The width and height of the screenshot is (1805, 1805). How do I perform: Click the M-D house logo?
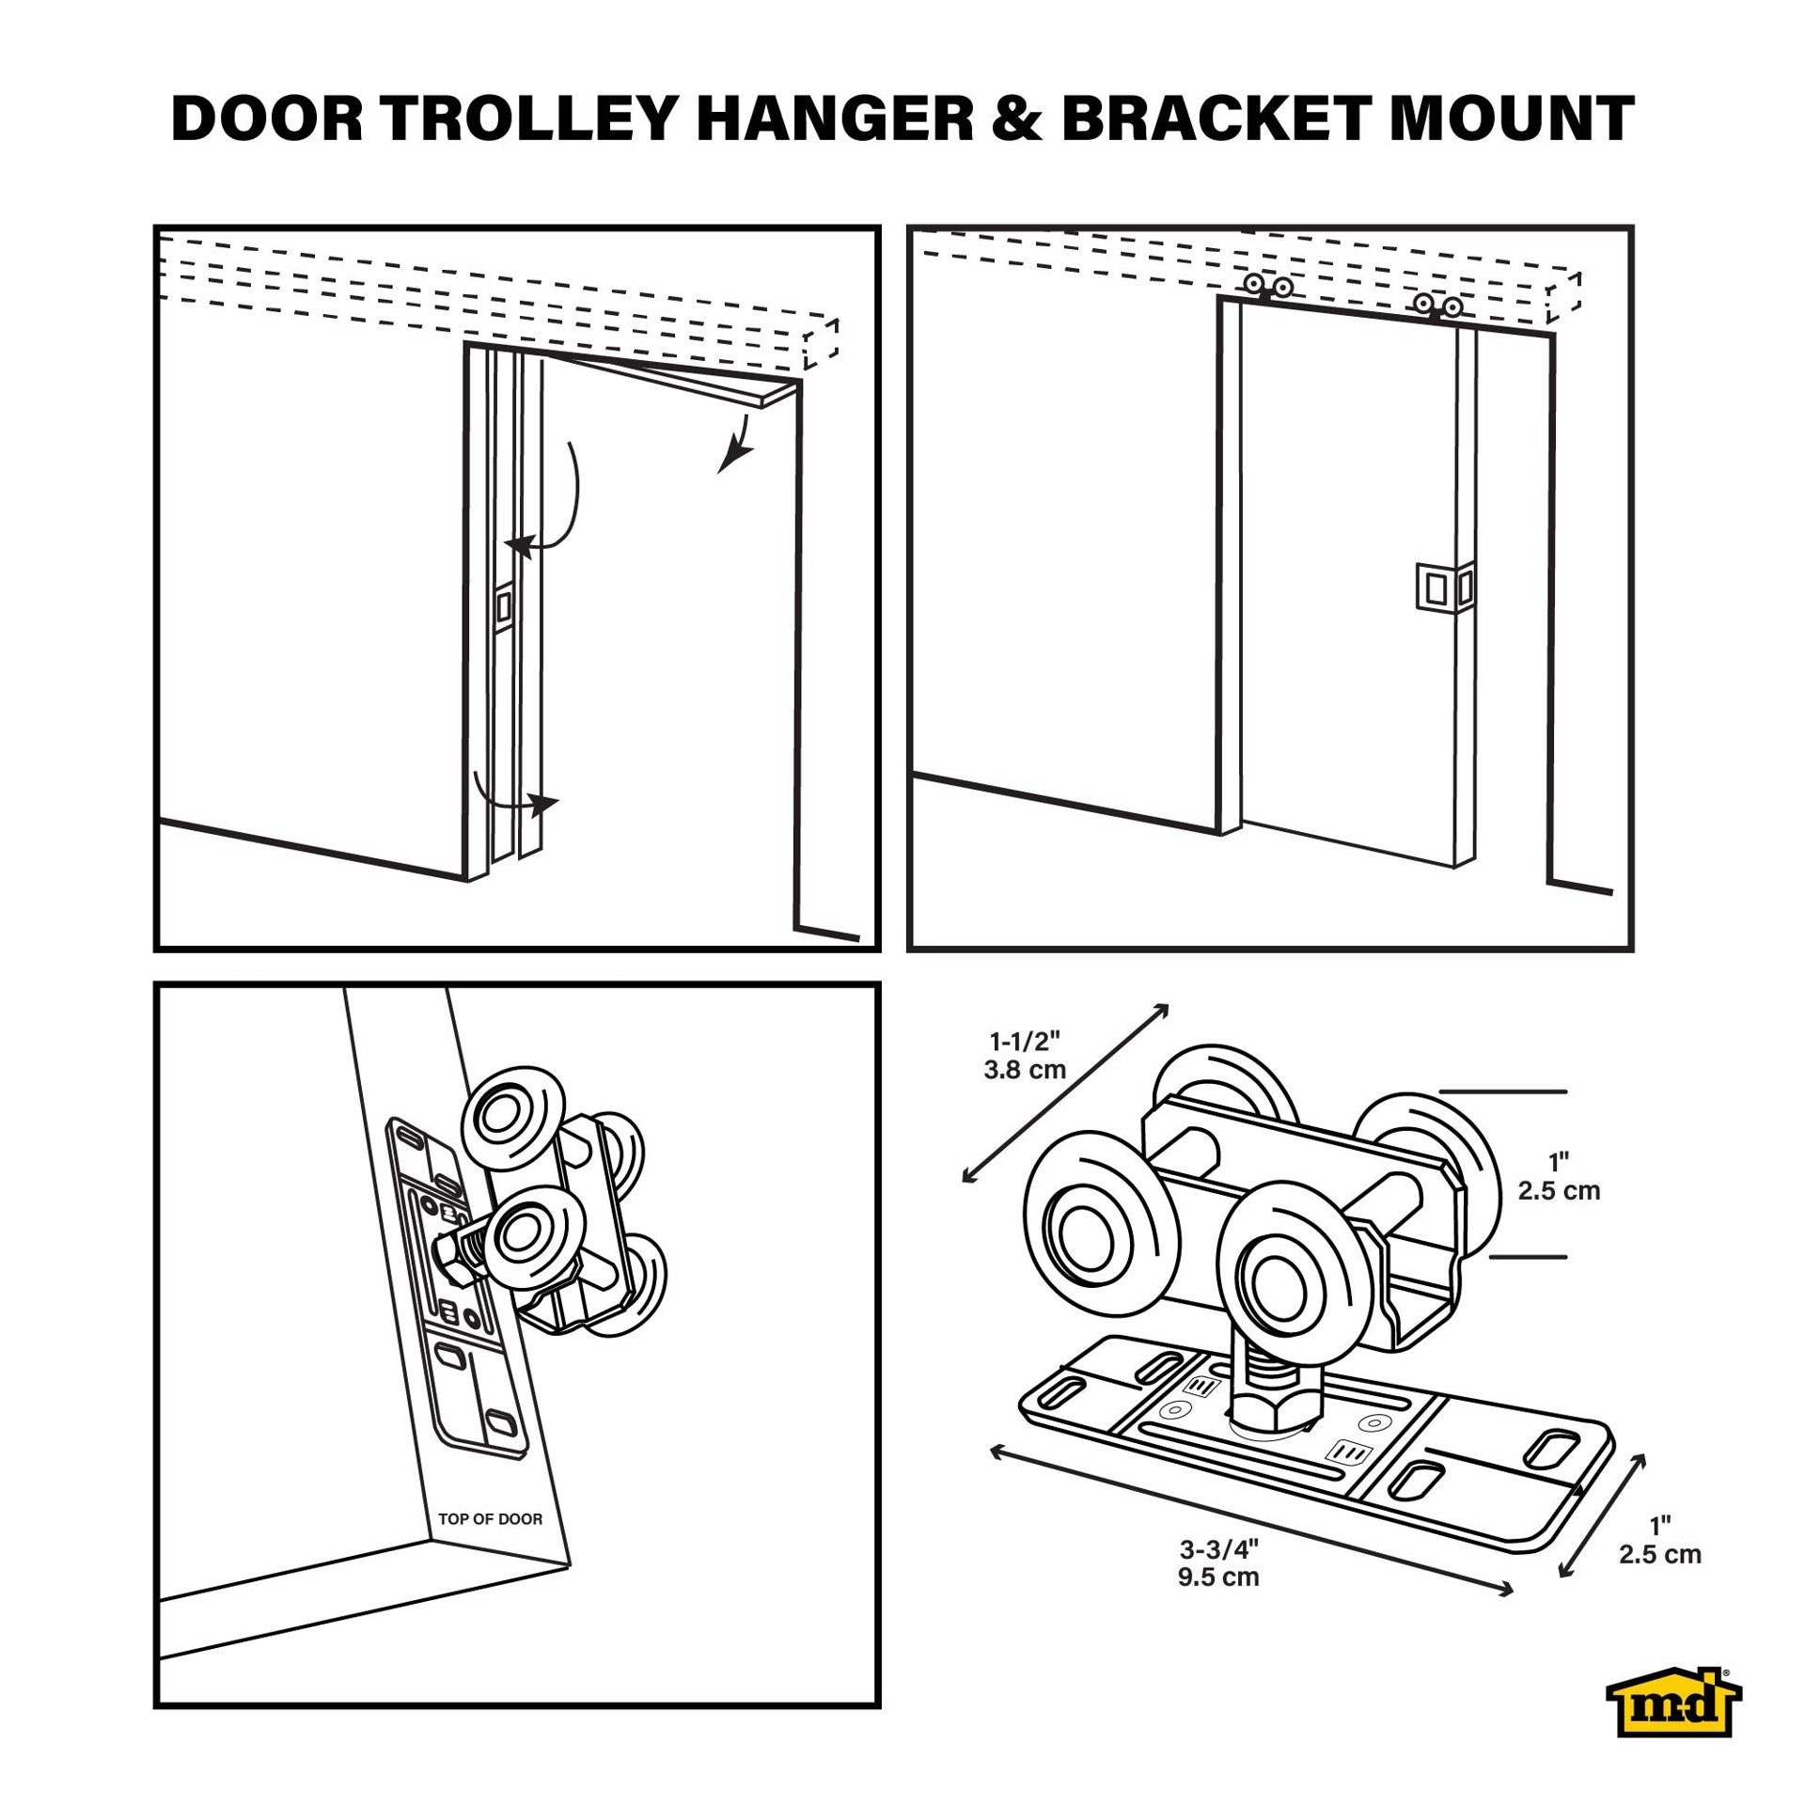[1672, 1716]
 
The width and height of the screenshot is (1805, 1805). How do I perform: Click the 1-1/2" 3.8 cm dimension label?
[1025, 1055]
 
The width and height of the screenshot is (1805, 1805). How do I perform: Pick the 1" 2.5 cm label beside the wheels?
[1559, 1176]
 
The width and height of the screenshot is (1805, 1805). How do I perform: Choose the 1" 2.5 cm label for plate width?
[1660, 1540]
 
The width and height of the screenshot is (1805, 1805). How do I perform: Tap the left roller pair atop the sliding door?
[1269, 286]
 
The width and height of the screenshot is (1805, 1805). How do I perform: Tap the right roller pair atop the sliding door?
[1438, 306]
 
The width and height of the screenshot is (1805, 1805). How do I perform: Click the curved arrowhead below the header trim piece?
[734, 459]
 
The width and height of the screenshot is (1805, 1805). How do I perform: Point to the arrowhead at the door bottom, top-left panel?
[544, 805]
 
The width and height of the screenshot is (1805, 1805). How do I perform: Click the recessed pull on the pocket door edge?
[503, 606]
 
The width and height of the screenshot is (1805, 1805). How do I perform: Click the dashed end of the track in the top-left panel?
[820, 344]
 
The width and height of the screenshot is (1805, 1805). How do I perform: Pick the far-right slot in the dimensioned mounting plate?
[1550, 1449]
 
